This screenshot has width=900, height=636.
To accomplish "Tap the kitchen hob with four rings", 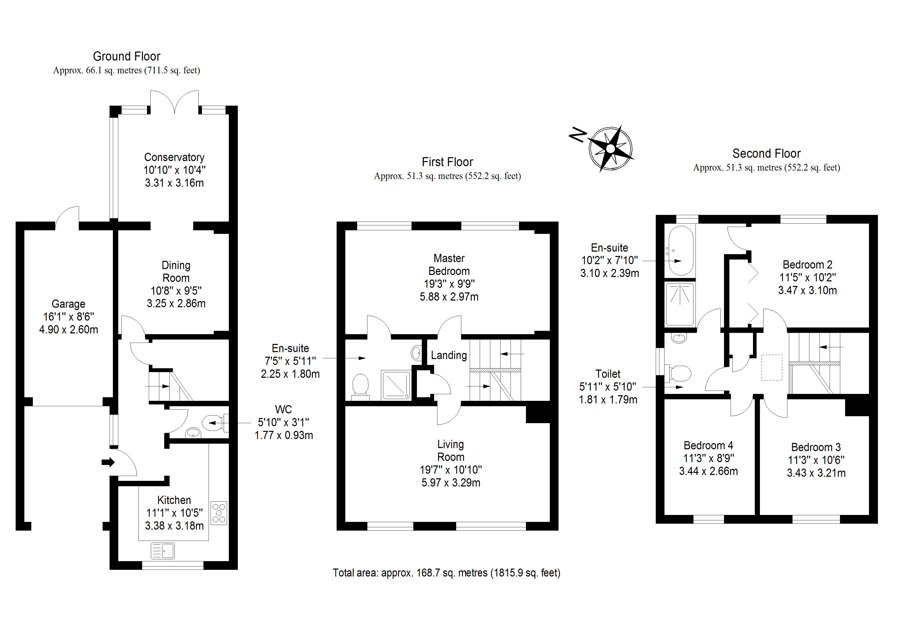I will pyautogui.click(x=219, y=513).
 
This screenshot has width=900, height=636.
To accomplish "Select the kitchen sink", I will pyautogui.click(x=163, y=551).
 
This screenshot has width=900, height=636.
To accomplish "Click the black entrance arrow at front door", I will pyautogui.click(x=108, y=462).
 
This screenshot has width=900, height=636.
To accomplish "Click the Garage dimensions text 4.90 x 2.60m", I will pyautogui.click(x=68, y=330).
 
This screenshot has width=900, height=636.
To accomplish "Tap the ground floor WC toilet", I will pyautogui.click(x=213, y=423).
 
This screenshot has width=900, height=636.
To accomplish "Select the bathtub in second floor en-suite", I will pyautogui.click(x=681, y=251).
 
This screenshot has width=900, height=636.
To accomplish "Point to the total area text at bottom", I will pyautogui.click(x=446, y=573).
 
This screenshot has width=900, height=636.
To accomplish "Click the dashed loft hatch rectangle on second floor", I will pyautogui.click(x=771, y=367).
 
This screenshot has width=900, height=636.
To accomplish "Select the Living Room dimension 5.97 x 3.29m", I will pyautogui.click(x=451, y=483).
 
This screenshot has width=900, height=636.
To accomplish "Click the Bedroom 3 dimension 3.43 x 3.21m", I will pyautogui.click(x=816, y=473).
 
